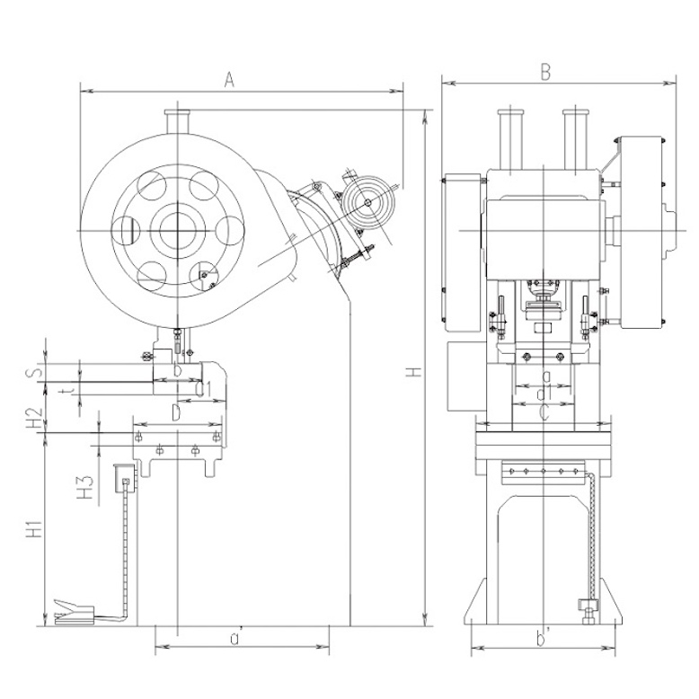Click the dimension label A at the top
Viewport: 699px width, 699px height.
(229, 81)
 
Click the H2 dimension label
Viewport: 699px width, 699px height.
(35, 418)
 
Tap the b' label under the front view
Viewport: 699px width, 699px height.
(542, 639)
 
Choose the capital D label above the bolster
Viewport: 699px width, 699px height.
(177, 411)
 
